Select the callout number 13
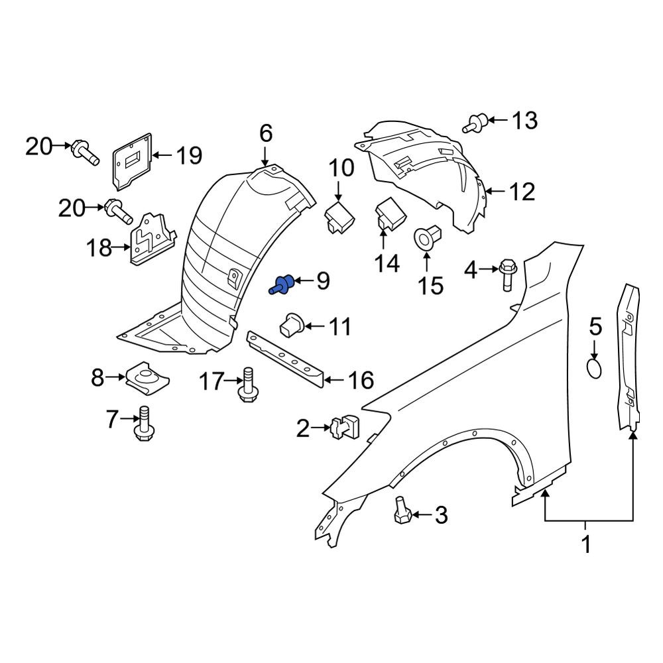524,121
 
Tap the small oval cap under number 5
595,368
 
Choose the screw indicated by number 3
402,511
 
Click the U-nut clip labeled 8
148,377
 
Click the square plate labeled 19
133,161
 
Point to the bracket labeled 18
152,240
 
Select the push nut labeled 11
292,326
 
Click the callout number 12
522,192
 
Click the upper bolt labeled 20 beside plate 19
86,152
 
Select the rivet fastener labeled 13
475,123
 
